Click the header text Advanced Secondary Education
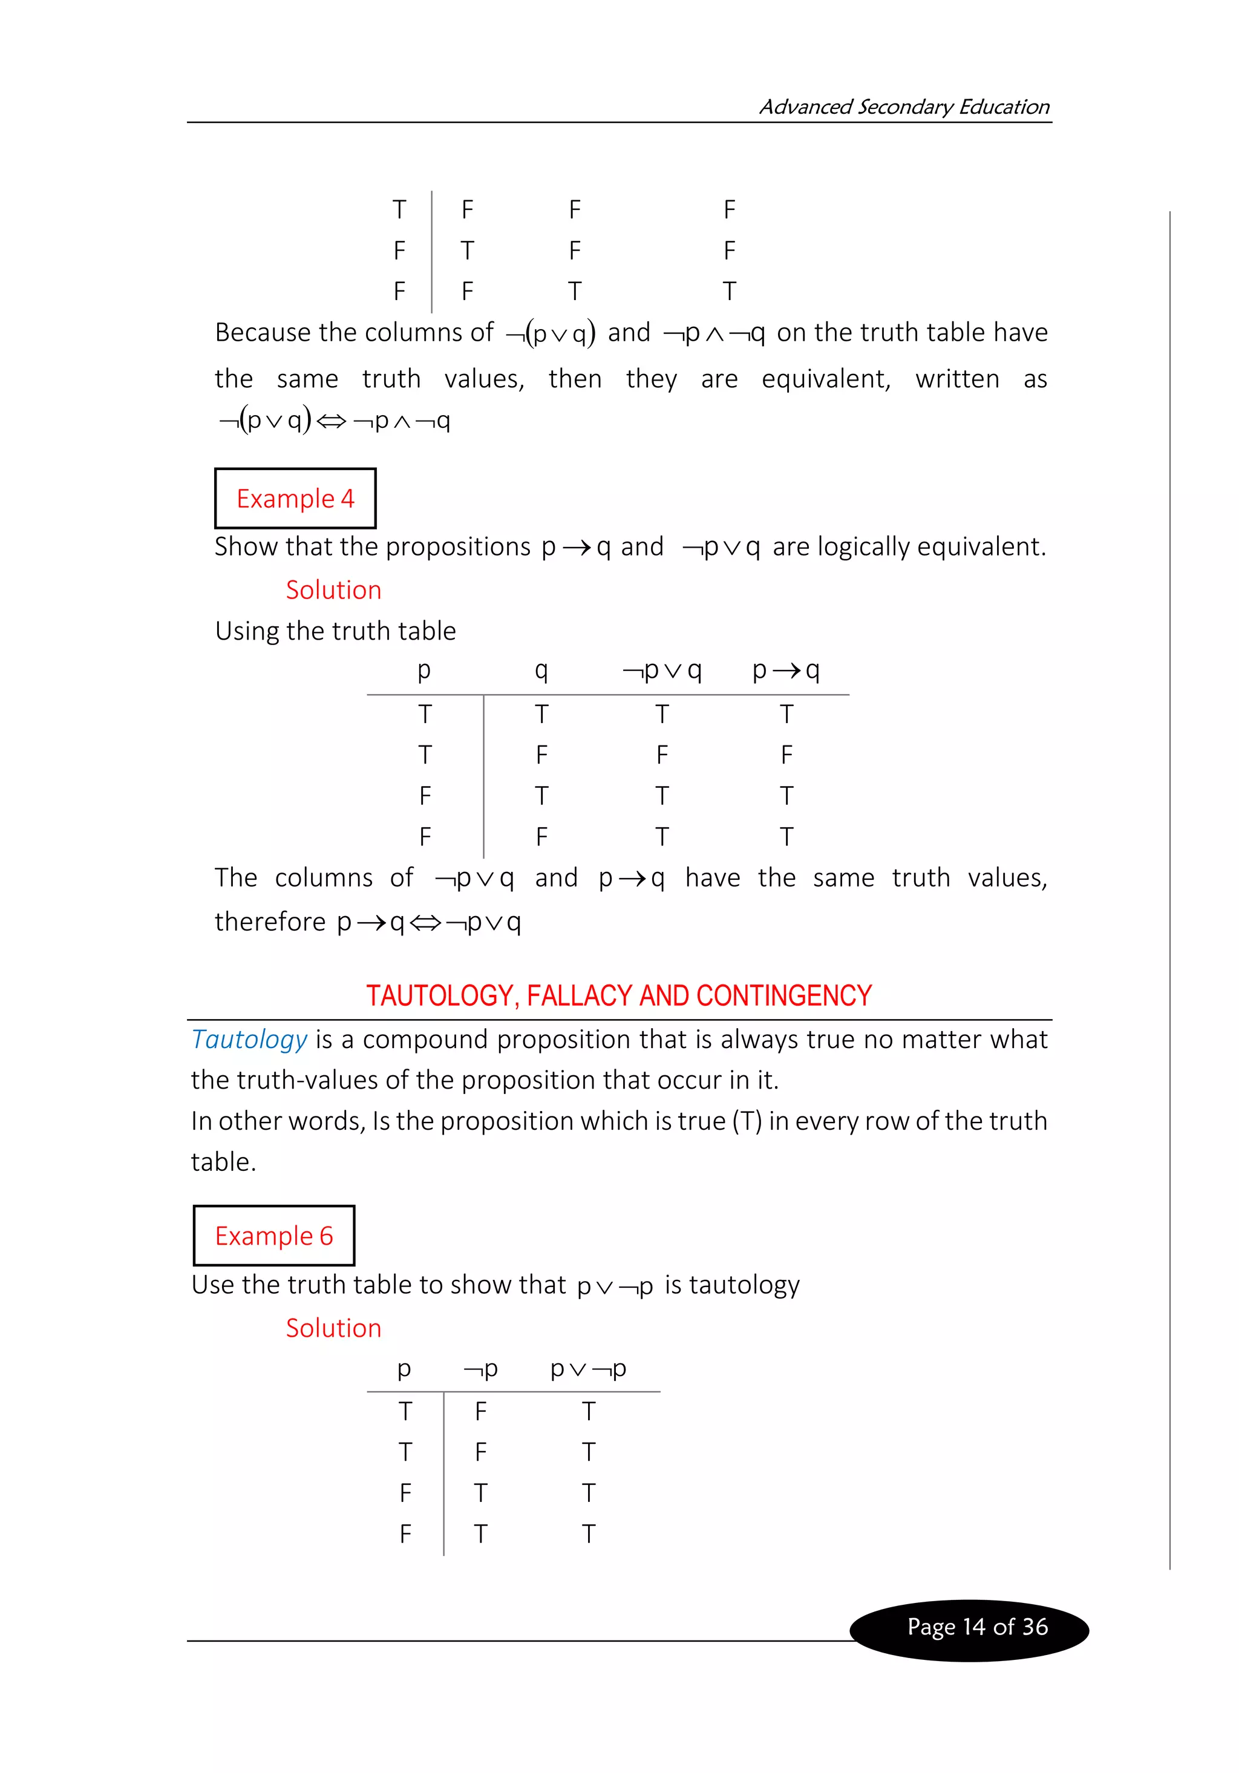(903, 107)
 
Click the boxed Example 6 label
(273, 1236)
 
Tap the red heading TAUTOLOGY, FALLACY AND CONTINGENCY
(618, 995)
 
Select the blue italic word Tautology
(249, 1040)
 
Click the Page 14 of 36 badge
(976, 1627)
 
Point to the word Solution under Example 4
(333, 590)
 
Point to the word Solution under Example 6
(333, 1328)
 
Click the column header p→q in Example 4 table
(786, 669)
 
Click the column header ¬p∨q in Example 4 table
(662, 669)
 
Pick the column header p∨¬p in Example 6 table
(587, 1368)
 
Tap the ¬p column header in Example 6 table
(480, 1368)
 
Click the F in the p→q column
(786, 755)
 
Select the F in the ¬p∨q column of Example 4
(662, 755)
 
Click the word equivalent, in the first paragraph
(825, 379)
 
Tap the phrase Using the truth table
(335, 631)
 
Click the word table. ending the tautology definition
(223, 1161)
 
